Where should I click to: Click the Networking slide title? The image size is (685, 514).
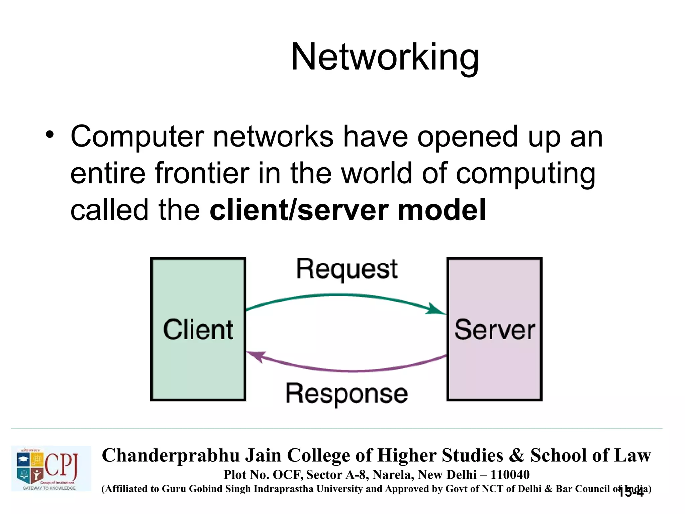click(385, 58)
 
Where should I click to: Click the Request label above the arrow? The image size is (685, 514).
click(347, 270)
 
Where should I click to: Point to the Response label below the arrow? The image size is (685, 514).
click(347, 394)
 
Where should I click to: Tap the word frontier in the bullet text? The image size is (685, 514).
click(202, 173)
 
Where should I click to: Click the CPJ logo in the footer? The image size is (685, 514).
click(51, 468)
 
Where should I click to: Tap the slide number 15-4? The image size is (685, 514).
click(631, 493)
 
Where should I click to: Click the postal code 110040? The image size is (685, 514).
click(510, 475)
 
